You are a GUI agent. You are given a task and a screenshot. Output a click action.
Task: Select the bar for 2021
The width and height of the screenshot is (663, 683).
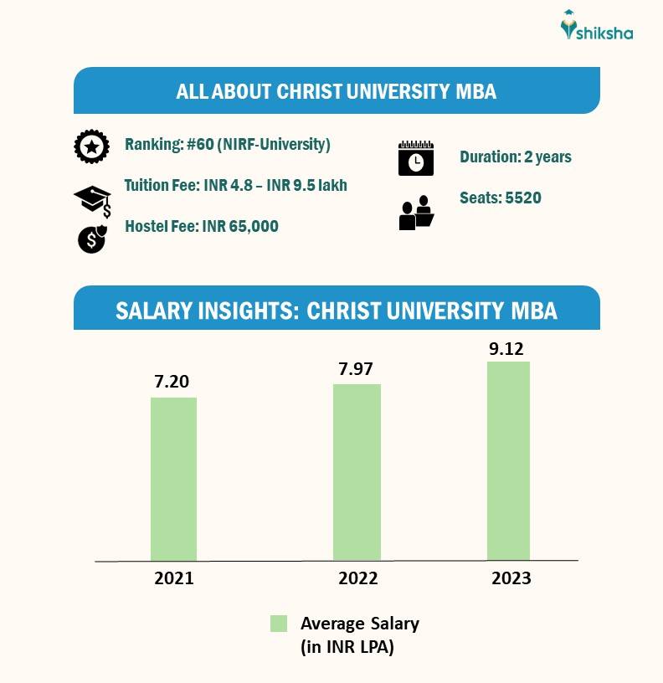click(x=173, y=478)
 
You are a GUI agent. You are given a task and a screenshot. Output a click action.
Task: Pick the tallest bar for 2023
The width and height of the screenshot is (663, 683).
click(x=508, y=460)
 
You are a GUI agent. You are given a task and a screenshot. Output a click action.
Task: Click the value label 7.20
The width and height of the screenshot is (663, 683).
click(x=172, y=382)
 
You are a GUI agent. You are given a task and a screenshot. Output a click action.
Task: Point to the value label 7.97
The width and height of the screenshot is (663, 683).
click(x=356, y=368)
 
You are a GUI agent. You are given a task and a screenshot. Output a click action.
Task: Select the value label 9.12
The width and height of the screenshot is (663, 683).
click(x=507, y=347)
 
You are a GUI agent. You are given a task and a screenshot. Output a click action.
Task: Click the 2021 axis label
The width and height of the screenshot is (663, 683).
click(x=174, y=578)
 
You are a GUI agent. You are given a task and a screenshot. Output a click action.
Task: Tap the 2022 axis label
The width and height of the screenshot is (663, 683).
click(x=357, y=578)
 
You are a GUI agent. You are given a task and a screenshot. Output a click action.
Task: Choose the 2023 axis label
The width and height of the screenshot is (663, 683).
click(x=511, y=578)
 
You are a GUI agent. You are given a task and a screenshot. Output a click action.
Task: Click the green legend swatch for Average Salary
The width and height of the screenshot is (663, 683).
click(x=279, y=624)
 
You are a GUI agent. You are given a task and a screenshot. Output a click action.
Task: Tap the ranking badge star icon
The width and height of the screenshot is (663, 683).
click(x=91, y=147)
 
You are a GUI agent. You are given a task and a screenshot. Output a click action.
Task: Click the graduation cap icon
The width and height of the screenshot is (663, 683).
click(x=92, y=200)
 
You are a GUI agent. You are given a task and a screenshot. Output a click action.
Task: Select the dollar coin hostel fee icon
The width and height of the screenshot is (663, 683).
click(x=92, y=239)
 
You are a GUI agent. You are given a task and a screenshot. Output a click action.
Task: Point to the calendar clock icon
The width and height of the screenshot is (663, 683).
click(x=415, y=158)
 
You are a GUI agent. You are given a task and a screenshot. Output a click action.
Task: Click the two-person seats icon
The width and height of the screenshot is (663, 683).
click(x=416, y=213)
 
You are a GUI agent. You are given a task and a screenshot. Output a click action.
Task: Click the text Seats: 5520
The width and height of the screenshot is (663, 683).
click(x=500, y=198)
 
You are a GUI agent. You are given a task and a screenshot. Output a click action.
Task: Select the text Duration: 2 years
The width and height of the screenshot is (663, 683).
click(x=515, y=157)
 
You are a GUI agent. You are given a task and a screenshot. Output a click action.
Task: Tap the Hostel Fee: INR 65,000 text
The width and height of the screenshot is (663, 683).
click(x=201, y=226)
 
